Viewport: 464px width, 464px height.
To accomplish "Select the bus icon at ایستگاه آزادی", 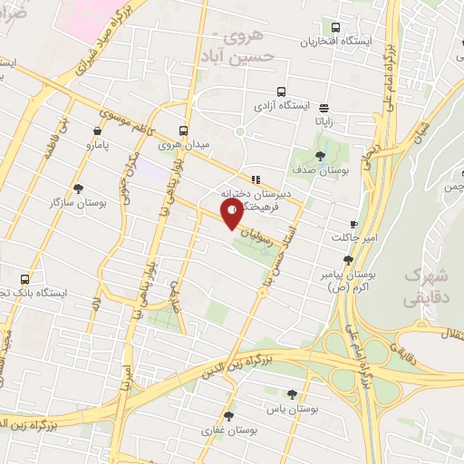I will [281, 92].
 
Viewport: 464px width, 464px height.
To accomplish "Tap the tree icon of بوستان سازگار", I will [80, 188].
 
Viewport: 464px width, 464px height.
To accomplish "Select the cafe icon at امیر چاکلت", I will [353, 223].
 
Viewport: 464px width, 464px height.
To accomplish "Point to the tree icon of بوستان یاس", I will [291, 394].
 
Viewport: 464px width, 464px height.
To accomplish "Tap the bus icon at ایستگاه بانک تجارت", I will [24, 279].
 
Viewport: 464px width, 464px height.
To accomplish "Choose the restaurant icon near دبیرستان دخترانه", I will [256, 179].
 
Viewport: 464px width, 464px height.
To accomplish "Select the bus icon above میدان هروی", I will [183, 130].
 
